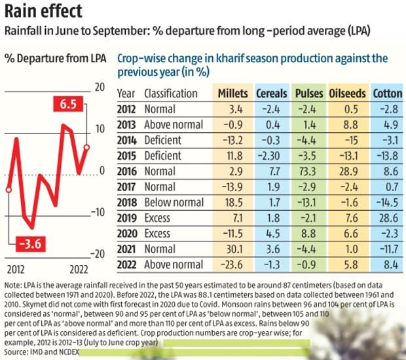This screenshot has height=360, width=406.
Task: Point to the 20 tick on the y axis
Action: point(100,87)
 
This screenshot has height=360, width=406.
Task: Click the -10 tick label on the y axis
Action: point(98,212)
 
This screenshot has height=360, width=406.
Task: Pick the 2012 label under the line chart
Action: point(16,268)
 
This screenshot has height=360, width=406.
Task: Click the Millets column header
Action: point(232,94)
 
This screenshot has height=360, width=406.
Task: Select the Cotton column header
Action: point(387,94)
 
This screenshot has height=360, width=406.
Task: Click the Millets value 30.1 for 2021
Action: point(233,249)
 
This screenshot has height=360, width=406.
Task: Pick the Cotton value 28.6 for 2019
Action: point(388,218)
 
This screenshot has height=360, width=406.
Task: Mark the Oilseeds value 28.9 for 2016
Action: point(348,171)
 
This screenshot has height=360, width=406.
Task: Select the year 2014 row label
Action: point(126,140)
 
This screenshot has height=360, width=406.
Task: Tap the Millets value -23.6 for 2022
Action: point(232,264)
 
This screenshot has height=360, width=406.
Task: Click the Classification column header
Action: point(170,94)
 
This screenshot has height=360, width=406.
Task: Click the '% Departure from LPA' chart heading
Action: point(54,58)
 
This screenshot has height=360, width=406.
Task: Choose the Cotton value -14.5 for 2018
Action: point(386,202)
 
